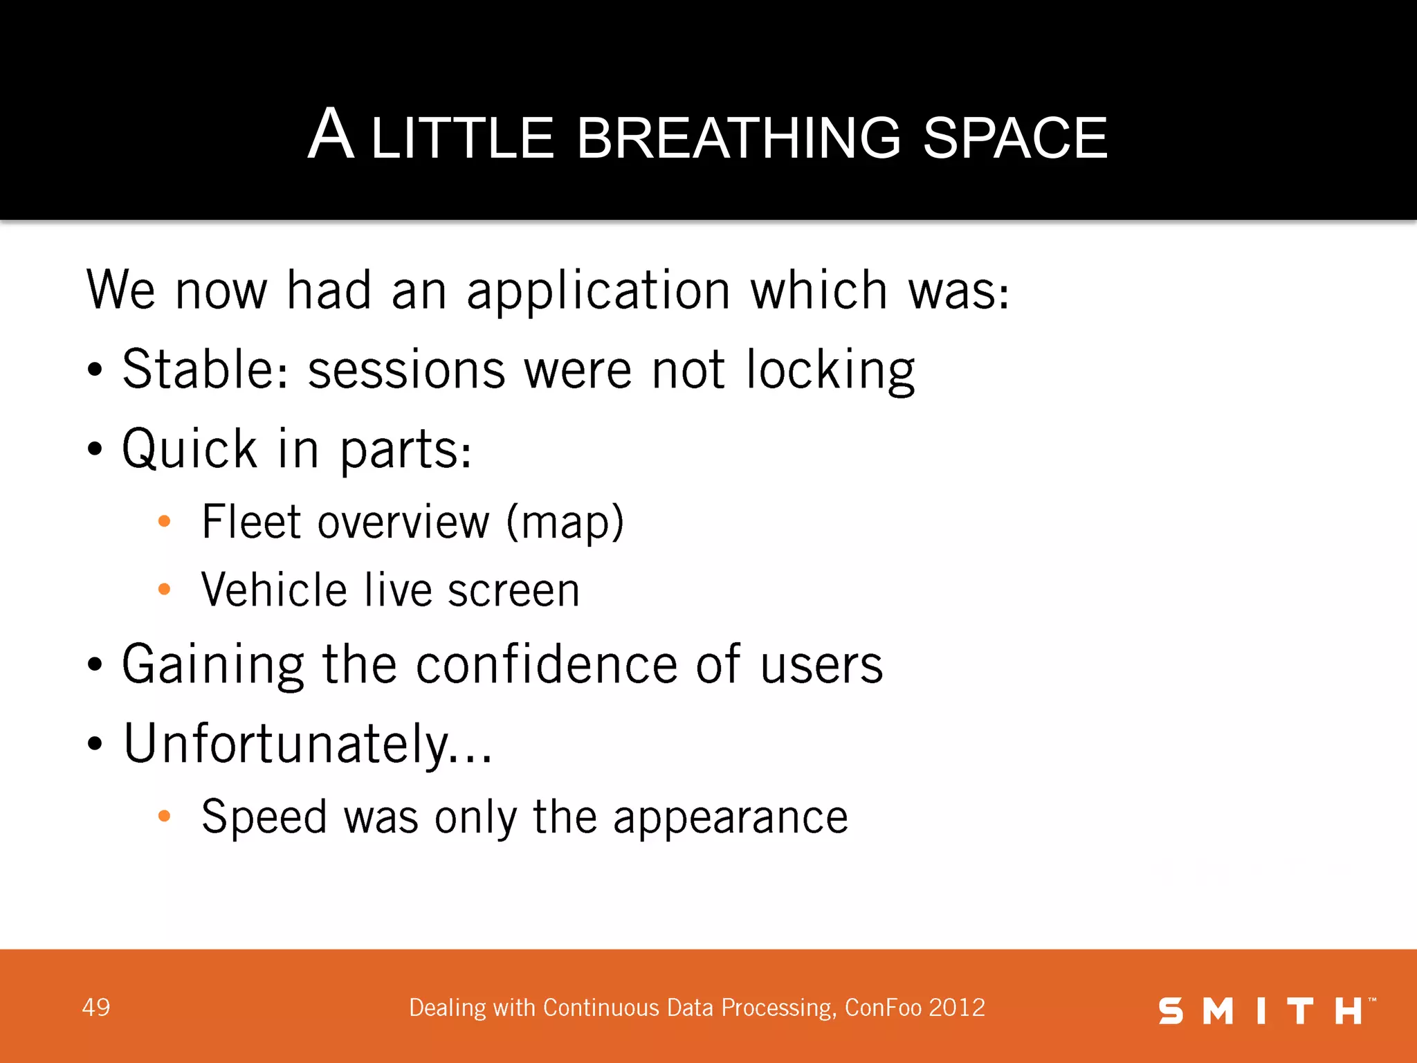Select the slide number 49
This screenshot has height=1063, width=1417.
[x=95, y=1008]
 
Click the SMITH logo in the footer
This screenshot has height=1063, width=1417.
[x=1266, y=1011]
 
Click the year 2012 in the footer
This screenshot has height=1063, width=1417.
[x=957, y=1008]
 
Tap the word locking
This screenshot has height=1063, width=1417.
[x=830, y=371]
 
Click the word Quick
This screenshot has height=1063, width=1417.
[x=190, y=449]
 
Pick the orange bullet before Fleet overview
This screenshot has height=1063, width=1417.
[x=164, y=521]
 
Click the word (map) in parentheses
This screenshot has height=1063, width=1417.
[x=565, y=522]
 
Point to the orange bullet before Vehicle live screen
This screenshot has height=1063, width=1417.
[x=164, y=590]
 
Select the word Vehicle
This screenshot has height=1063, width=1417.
[x=274, y=590]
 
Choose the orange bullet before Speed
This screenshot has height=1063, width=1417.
[x=164, y=817]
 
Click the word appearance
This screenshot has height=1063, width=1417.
[x=730, y=818]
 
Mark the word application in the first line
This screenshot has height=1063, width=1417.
[x=598, y=291]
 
